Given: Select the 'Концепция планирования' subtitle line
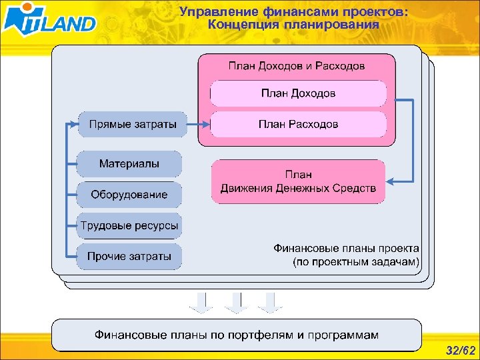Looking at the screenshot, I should [293, 25].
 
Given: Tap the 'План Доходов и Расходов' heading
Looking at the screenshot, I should [297, 66].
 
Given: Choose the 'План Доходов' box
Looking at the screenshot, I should [298, 93].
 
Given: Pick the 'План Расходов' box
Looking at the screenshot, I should [298, 124].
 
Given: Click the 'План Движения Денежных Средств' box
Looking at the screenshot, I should [298, 181].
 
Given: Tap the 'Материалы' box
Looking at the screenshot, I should [129, 163].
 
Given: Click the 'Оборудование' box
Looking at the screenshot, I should [129, 195].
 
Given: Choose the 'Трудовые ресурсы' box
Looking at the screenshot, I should [129, 226].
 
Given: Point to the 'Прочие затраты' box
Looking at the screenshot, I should [129, 257].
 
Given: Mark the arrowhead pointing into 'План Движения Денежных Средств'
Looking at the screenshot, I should [392, 181].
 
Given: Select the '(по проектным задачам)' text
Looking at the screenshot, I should [356, 262].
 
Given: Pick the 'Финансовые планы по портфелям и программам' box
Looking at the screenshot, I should [236, 335].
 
